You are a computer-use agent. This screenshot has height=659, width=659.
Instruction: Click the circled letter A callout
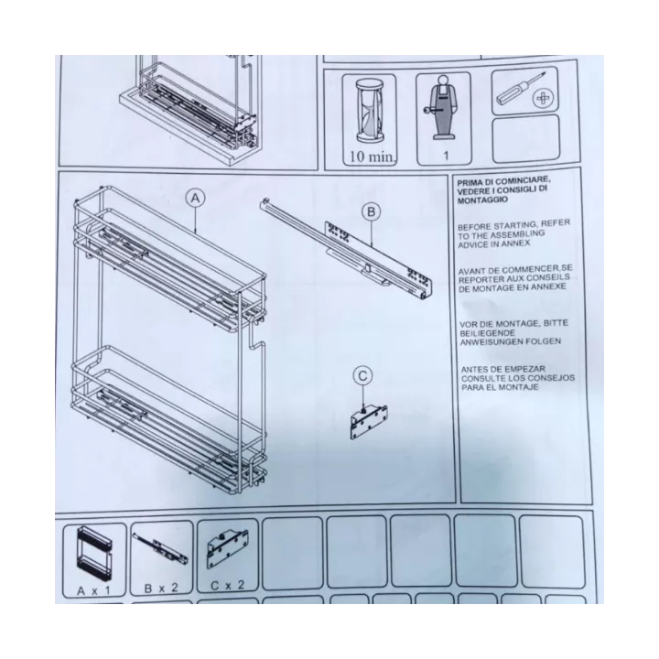click(x=196, y=199)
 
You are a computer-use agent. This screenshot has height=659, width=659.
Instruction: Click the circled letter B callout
click(x=371, y=211)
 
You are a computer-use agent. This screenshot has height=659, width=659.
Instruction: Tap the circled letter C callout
click(x=363, y=376)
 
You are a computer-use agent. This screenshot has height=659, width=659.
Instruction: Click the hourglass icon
click(x=369, y=111)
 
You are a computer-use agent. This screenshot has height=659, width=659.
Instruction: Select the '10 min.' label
click(x=373, y=157)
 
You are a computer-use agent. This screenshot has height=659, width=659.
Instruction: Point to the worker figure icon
click(x=443, y=108)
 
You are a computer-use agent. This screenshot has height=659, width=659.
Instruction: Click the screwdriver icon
click(x=521, y=89)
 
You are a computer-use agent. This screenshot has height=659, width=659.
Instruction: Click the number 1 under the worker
click(x=446, y=156)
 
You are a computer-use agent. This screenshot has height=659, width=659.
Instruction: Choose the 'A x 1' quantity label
click(x=93, y=590)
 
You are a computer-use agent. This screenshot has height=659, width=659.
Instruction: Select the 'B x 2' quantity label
click(x=161, y=588)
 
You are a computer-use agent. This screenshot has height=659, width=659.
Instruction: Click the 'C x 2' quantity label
click(x=227, y=585)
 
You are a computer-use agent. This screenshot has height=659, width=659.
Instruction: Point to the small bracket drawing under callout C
click(x=369, y=422)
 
